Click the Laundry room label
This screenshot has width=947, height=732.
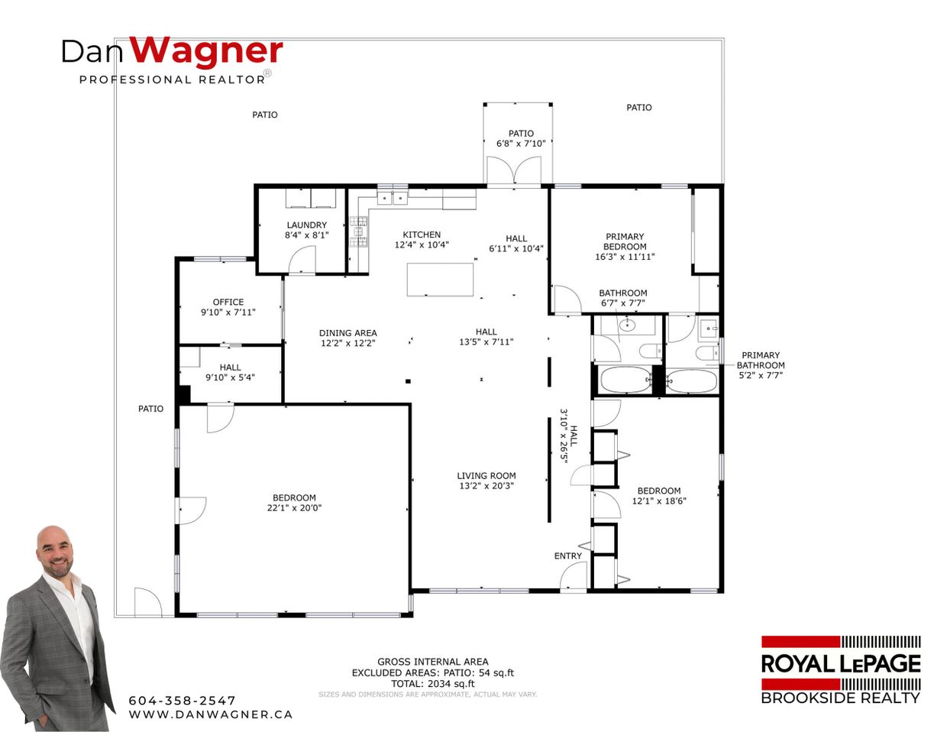tap(306, 225)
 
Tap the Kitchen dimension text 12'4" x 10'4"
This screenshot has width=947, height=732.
tap(422, 245)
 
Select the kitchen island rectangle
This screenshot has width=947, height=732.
tap(440, 280)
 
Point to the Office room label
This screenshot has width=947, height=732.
tap(228, 302)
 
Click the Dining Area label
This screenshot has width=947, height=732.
tap(347, 333)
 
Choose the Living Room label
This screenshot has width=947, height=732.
tap(486, 476)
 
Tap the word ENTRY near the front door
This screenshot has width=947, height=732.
tap(568, 555)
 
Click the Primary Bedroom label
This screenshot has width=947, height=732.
tap(625, 241)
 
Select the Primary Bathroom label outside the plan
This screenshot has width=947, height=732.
tap(761, 360)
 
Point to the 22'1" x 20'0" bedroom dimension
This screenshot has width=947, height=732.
tap(294, 507)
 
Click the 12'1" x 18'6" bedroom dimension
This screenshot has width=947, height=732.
tap(659, 501)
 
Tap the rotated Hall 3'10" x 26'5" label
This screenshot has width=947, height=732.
tap(569, 436)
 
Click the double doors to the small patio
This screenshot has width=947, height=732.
tap(514, 170)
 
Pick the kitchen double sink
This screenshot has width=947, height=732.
tap(393, 197)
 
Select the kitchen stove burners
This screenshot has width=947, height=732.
tap(358, 232)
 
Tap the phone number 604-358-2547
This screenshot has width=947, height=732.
tap(183, 700)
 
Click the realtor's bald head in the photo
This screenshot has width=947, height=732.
tap(57, 549)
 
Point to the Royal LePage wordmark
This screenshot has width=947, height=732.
tap(841, 663)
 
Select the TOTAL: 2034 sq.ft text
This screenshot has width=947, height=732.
tap(433, 684)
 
